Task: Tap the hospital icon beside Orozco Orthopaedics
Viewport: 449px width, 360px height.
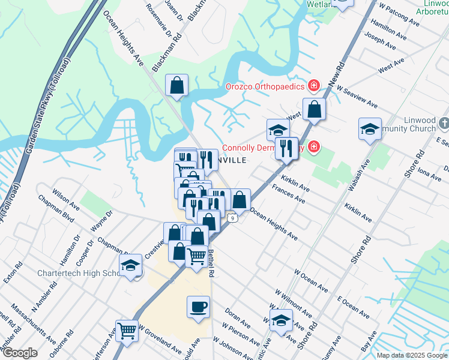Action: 313,86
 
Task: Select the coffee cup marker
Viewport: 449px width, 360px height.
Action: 198,308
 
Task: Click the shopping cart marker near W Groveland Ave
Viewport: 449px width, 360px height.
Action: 127,331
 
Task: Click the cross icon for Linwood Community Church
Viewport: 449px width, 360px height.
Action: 443,124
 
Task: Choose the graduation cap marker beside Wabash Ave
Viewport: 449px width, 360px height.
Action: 370,129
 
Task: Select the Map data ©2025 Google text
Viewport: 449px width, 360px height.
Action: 412,355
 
